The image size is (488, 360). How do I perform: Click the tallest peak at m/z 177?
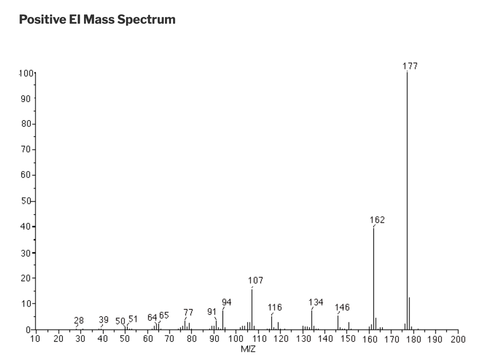(x=407, y=199)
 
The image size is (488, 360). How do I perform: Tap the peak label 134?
(x=316, y=302)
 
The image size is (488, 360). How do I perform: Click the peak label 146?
(x=342, y=307)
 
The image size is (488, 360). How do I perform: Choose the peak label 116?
(x=275, y=307)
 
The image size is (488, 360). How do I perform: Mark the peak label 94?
(x=226, y=302)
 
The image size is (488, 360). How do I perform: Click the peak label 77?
(x=187, y=312)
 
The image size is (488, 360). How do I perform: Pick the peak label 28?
(x=79, y=320)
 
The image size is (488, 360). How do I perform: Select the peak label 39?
(x=103, y=319)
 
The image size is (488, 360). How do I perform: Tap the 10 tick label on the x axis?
(x=36, y=339)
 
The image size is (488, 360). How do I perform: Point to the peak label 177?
(x=410, y=66)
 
